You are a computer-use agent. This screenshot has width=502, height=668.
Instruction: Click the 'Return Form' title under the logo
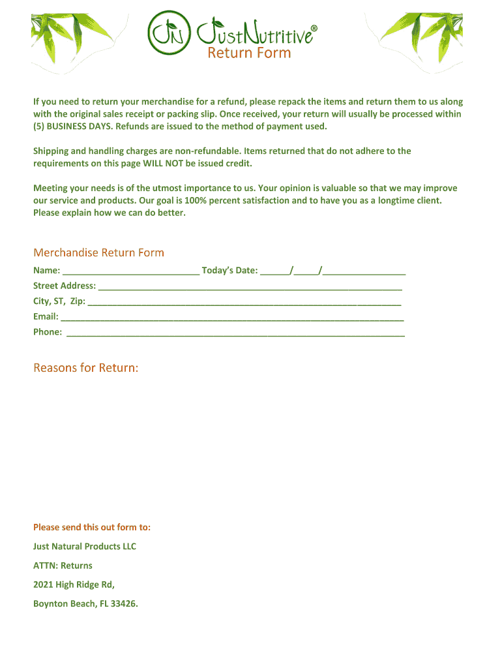[x=249, y=53]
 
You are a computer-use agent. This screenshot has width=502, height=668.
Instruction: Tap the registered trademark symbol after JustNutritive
[x=314, y=29]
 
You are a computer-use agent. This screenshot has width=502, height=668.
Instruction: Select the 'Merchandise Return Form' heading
[x=98, y=252]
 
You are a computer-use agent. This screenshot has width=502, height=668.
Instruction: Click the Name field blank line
[x=132, y=271]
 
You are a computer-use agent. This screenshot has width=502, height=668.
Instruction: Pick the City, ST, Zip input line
[x=244, y=302]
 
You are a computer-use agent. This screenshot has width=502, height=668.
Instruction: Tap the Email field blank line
[x=231, y=318]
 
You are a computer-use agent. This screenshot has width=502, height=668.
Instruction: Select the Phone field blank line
[x=235, y=333]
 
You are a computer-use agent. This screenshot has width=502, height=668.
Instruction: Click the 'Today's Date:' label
[x=230, y=270]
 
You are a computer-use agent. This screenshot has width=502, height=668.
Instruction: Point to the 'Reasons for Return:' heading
[x=85, y=368]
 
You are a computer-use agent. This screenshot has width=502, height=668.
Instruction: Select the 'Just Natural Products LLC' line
[x=85, y=547]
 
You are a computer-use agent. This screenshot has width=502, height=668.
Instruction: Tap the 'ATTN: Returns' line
[x=63, y=566]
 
